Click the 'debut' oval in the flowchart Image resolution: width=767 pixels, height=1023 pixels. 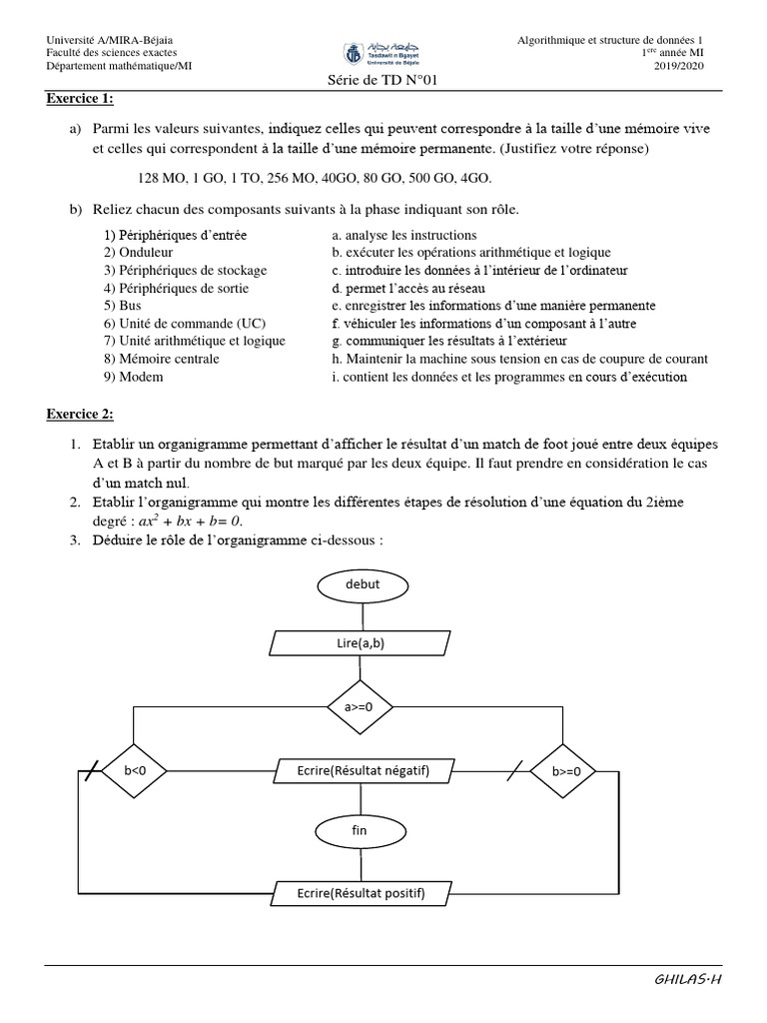click(x=362, y=583)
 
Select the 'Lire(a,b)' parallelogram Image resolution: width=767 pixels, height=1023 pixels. click(x=361, y=644)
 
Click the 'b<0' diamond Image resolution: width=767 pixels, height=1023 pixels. click(x=134, y=771)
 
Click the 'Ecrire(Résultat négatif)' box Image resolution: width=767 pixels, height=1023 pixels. click(x=363, y=770)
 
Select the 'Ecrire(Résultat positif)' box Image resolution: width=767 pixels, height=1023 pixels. click(x=362, y=893)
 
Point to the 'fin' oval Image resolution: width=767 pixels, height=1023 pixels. click(x=362, y=830)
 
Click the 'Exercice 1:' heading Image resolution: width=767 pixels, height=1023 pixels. click(x=80, y=98)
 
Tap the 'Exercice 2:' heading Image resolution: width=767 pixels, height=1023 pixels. click(x=80, y=414)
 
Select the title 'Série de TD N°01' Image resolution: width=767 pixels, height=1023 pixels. click(x=383, y=84)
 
